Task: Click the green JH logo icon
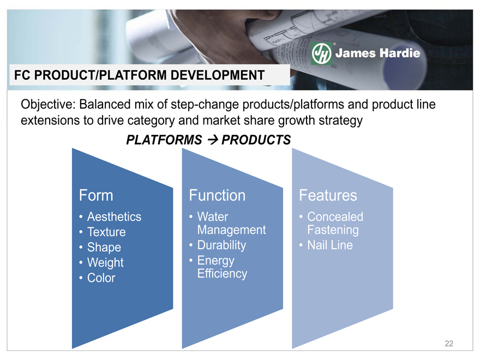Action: click(321, 53)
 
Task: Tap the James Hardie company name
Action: click(378, 53)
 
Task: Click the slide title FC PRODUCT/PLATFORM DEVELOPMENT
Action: click(139, 75)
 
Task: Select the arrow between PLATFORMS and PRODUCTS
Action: click(212, 140)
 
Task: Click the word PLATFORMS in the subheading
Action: click(164, 140)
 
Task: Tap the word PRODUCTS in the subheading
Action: click(256, 140)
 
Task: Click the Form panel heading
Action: click(96, 195)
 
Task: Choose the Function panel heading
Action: click(217, 195)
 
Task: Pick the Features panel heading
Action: click(328, 195)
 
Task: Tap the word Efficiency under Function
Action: click(222, 274)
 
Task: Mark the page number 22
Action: click(449, 344)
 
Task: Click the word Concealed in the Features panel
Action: click(335, 217)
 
